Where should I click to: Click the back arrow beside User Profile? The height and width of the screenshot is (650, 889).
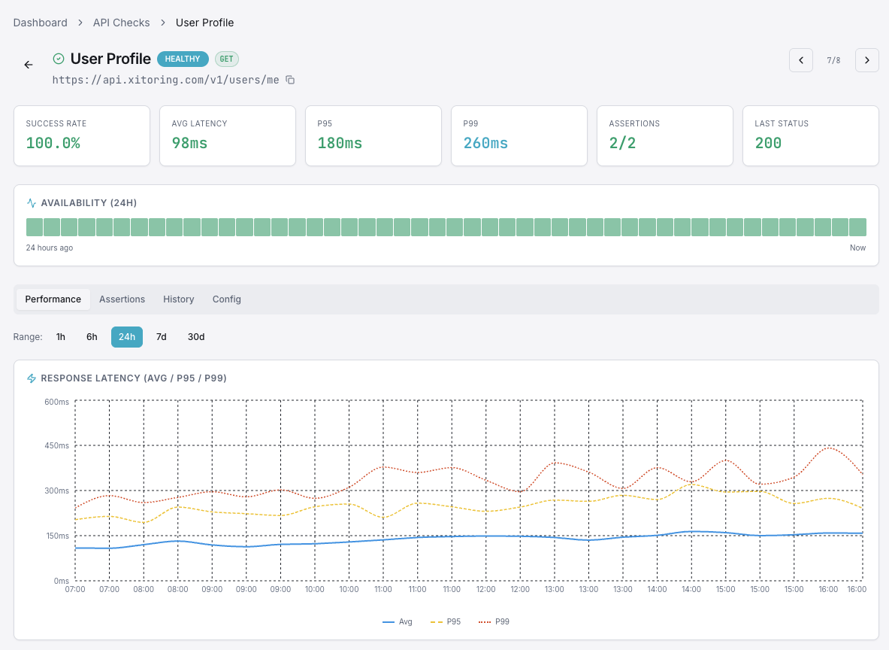29,65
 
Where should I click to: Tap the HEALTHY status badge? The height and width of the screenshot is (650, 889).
183,59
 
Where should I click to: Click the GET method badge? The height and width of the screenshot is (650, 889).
226,59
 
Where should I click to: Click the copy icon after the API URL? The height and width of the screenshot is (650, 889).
290,80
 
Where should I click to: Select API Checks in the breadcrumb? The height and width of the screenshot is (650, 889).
121,23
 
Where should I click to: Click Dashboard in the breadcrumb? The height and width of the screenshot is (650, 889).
41,23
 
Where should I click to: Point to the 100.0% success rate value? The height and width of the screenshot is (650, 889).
53,143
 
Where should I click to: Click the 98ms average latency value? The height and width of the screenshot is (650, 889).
189,143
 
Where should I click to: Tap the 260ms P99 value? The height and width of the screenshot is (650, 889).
485,143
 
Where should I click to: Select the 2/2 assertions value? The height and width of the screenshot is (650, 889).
622,143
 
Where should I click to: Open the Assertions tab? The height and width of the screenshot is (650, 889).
122,299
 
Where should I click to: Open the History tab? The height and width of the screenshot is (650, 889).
179,299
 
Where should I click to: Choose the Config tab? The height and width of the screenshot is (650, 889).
227,299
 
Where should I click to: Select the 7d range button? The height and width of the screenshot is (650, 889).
161,337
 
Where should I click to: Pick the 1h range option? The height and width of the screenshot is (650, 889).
61,337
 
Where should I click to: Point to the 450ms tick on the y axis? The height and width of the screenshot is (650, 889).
56,446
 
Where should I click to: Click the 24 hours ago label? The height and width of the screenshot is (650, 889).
50,248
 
